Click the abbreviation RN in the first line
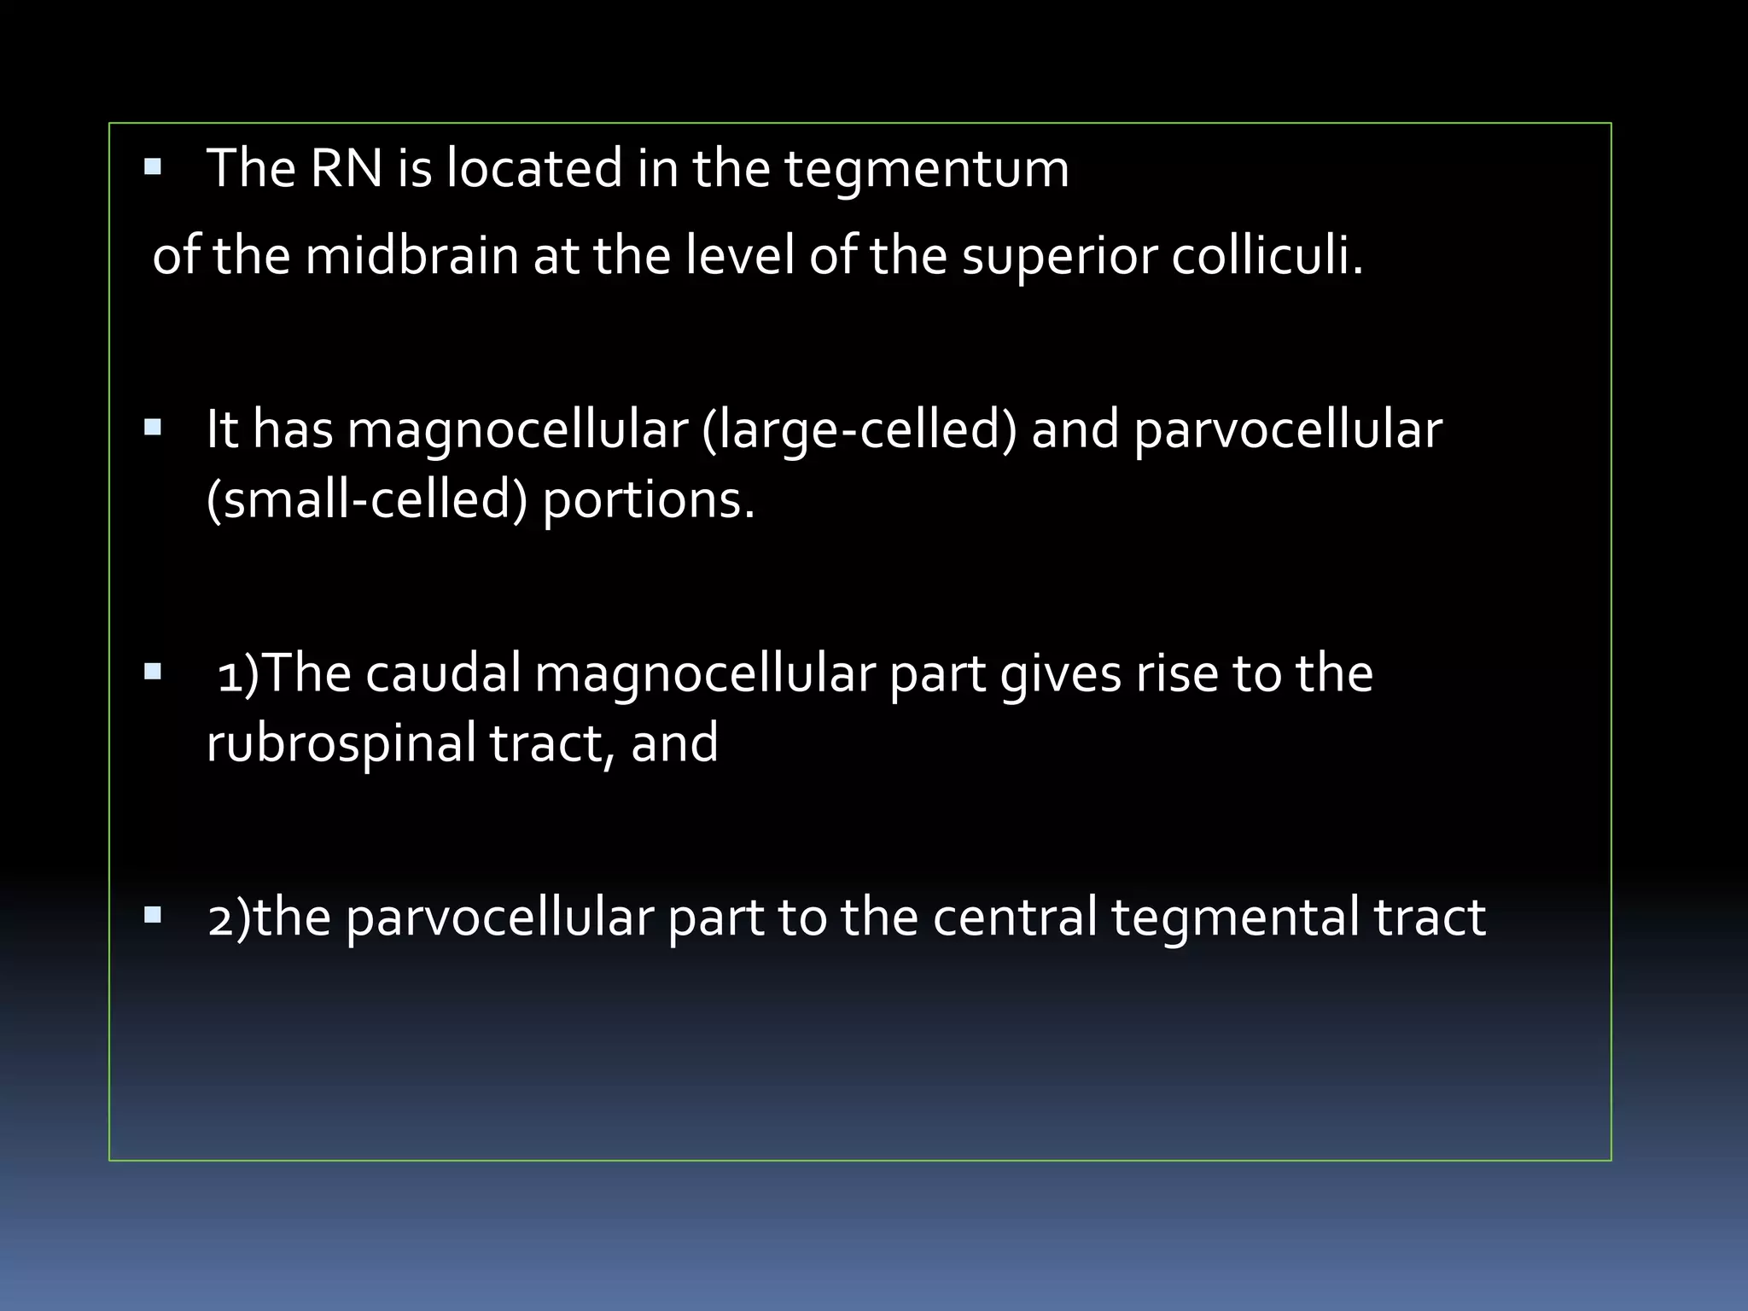point(347,168)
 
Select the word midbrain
point(412,255)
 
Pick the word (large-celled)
point(859,430)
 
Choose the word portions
point(649,502)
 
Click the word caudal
point(443,673)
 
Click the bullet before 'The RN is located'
point(154,166)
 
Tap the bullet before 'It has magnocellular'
point(154,428)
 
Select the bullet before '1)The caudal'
point(154,672)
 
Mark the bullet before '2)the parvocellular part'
point(154,916)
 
